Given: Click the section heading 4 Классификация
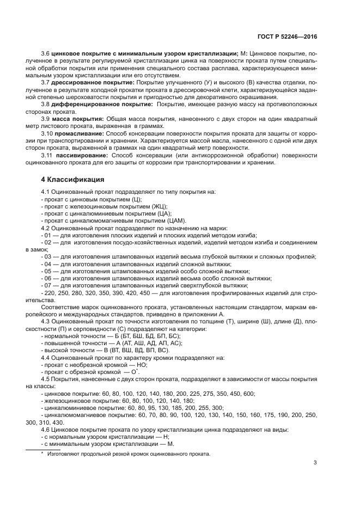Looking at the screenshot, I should (x=74, y=179).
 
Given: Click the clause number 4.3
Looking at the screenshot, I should (x=46, y=322).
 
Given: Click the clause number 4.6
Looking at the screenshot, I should (x=46, y=430).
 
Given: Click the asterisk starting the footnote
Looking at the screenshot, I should (x=42, y=453).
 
